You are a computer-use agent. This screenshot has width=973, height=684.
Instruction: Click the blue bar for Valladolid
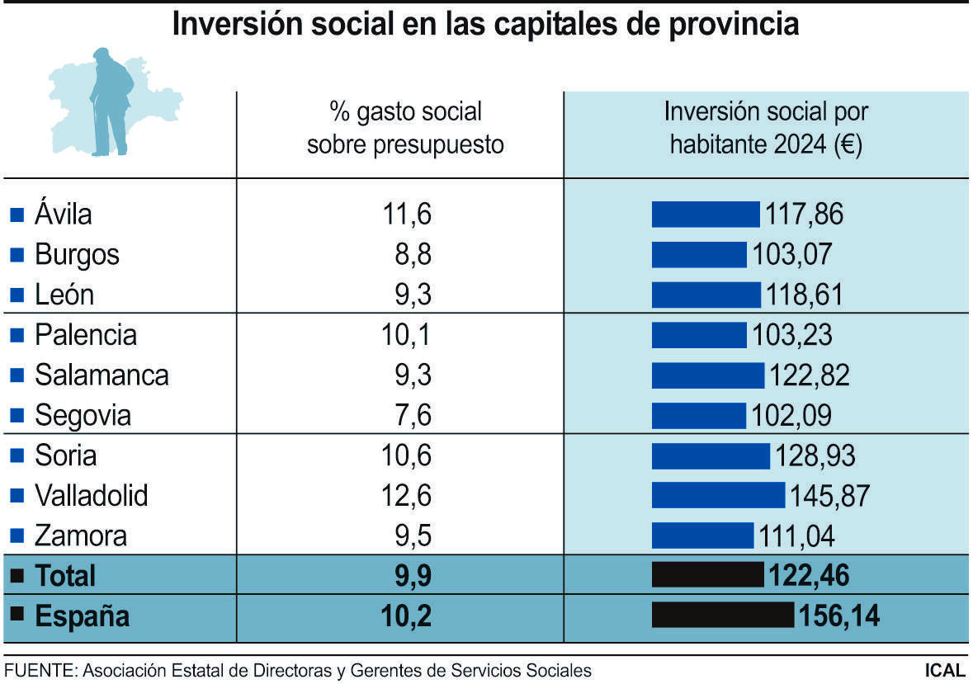click(x=718, y=495)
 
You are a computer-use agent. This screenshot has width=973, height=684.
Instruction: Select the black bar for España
click(x=722, y=616)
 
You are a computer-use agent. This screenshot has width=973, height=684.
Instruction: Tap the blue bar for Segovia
click(x=699, y=415)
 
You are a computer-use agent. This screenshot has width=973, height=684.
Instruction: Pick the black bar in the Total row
click(x=707, y=575)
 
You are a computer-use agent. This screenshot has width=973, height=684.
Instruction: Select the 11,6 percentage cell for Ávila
click(x=407, y=215)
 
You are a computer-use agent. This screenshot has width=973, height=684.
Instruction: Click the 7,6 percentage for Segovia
click(x=413, y=415)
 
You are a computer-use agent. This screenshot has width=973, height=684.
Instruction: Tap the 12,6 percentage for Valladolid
click(x=407, y=496)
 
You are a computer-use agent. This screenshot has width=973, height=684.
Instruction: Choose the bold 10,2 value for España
click(x=406, y=616)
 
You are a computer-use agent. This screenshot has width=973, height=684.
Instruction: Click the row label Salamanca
click(x=102, y=375)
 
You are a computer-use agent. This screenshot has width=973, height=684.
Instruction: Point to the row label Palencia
click(x=86, y=335)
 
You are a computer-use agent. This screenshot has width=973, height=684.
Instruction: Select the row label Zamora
click(x=81, y=536)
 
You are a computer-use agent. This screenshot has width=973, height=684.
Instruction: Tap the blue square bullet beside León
click(x=17, y=295)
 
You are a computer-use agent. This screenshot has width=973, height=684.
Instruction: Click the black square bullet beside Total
click(x=17, y=576)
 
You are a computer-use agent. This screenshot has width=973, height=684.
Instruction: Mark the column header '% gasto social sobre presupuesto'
click(x=405, y=128)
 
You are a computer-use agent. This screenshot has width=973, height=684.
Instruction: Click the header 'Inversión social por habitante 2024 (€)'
click(x=766, y=128)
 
